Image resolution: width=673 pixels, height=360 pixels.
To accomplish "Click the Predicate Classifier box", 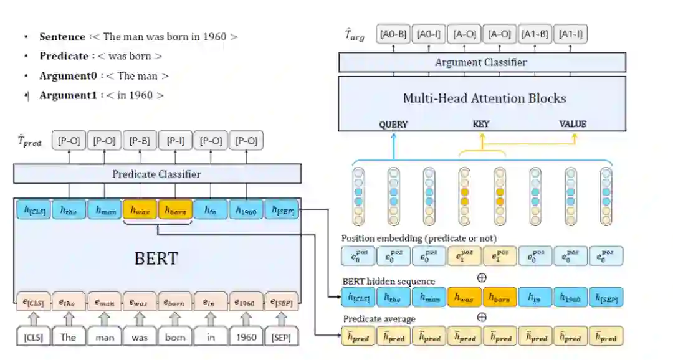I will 156,174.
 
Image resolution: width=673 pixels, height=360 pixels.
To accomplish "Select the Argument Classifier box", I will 481,62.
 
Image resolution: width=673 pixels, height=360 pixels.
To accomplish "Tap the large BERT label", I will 156,258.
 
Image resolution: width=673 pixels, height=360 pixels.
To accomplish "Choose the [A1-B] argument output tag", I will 535,34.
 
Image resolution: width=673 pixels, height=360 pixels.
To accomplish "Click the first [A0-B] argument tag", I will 393,34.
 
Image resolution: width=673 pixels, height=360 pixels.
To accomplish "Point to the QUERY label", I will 393,124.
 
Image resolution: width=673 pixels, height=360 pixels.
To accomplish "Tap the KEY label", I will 481,124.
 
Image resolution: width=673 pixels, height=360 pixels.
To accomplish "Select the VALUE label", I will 573,124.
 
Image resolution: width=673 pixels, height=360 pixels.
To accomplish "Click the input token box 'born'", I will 175,337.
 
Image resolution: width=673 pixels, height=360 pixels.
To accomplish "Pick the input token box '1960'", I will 246,337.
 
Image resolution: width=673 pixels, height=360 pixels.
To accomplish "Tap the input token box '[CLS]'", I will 33,337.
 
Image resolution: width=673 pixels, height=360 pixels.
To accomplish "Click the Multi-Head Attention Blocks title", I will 484,98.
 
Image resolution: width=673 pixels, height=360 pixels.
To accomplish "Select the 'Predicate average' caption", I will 379,319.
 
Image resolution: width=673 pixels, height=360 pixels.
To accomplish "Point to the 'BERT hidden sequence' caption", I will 388,281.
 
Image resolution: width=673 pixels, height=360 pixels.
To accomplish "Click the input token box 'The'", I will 69,337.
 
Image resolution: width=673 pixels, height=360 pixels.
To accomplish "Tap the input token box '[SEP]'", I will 282,337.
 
